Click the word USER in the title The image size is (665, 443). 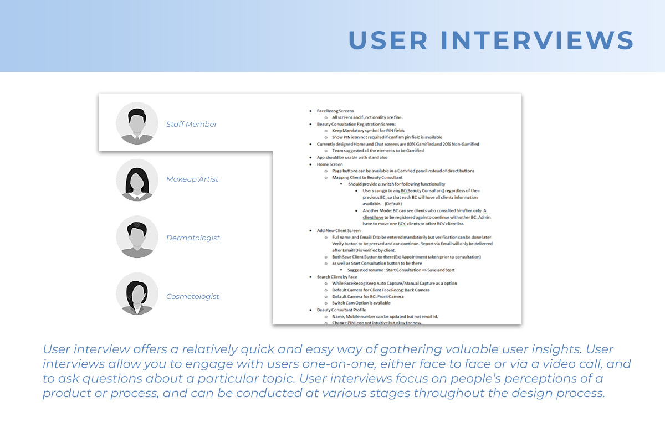click(x=388, y=40)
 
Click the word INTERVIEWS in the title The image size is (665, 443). click(x=538, y=40)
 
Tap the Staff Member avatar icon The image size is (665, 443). click(x=137, y=123)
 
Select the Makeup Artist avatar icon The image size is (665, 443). click(x=137, y=180)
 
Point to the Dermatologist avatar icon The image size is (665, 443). click(x=137, y=237)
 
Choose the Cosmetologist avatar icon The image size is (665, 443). click(x=137, y=293)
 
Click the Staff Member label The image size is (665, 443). click(x=192, y=125)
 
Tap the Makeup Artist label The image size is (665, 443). click(x=192, y=179)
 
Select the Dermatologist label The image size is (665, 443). click(x=193, y=238)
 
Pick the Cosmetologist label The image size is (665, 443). click(x=193, y=296)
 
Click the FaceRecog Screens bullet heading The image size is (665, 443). click(x=335, y=111)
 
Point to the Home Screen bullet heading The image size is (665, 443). click(x=330, y=164)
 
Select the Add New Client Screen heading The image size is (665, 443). click(x=339, y=230)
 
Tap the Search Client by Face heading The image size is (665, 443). click(x=337, y=277)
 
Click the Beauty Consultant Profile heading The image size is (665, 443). click(x=341, y=310)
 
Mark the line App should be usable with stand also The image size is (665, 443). click(x=352, y=158)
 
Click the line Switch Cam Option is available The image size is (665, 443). click(x=361, y=303)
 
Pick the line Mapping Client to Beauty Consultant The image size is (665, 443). click(x=367, y=177)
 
